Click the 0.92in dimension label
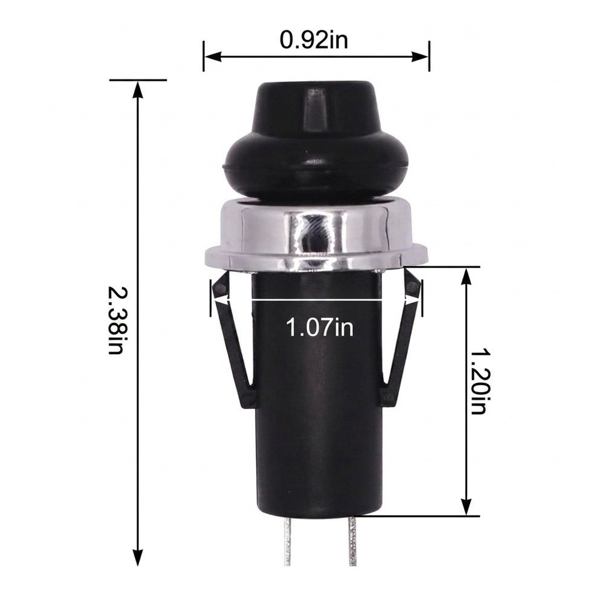click(314, 40)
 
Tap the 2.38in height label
click(115, 320)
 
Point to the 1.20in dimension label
click(479, 381)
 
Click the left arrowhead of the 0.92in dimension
click(213, 57)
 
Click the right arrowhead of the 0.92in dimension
click(420, 57)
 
